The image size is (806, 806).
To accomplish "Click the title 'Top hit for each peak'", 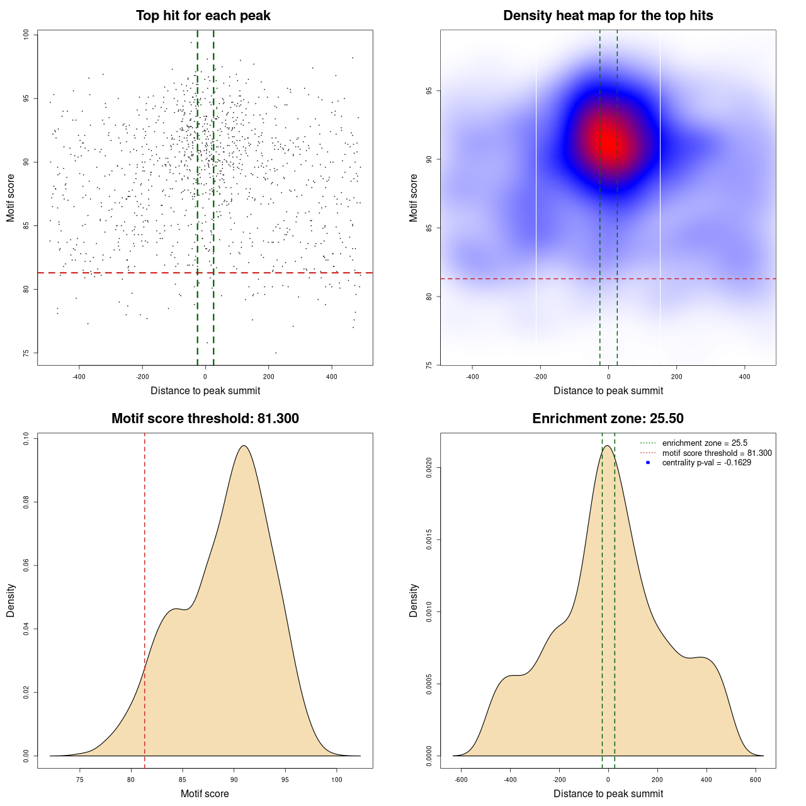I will coord(203,16).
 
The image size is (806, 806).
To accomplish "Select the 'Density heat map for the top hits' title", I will coord(608,16).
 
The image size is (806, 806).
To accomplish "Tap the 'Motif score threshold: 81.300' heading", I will coord(205,419).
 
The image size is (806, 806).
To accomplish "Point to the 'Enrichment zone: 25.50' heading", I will coord(608,419).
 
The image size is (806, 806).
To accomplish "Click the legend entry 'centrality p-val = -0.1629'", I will coord(707,463).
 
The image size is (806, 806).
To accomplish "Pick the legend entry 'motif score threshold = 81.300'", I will coord(717,453).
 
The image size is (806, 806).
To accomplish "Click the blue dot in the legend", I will coord(648,463).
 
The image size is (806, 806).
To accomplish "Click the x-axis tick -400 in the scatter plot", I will coord(79,377).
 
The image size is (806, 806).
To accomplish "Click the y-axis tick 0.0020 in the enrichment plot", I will coord(429,468).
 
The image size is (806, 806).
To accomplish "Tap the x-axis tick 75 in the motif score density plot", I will coord(80,780).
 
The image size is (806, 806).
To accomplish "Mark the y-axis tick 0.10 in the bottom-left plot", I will coord(26,438).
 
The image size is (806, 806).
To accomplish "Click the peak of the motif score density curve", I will coord(244,446).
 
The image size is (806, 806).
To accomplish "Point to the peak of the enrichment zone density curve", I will coord(607,446).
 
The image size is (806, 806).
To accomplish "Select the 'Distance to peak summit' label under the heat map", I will coord(608,391).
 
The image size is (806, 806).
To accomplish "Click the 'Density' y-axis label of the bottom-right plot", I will coord(414,600).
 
